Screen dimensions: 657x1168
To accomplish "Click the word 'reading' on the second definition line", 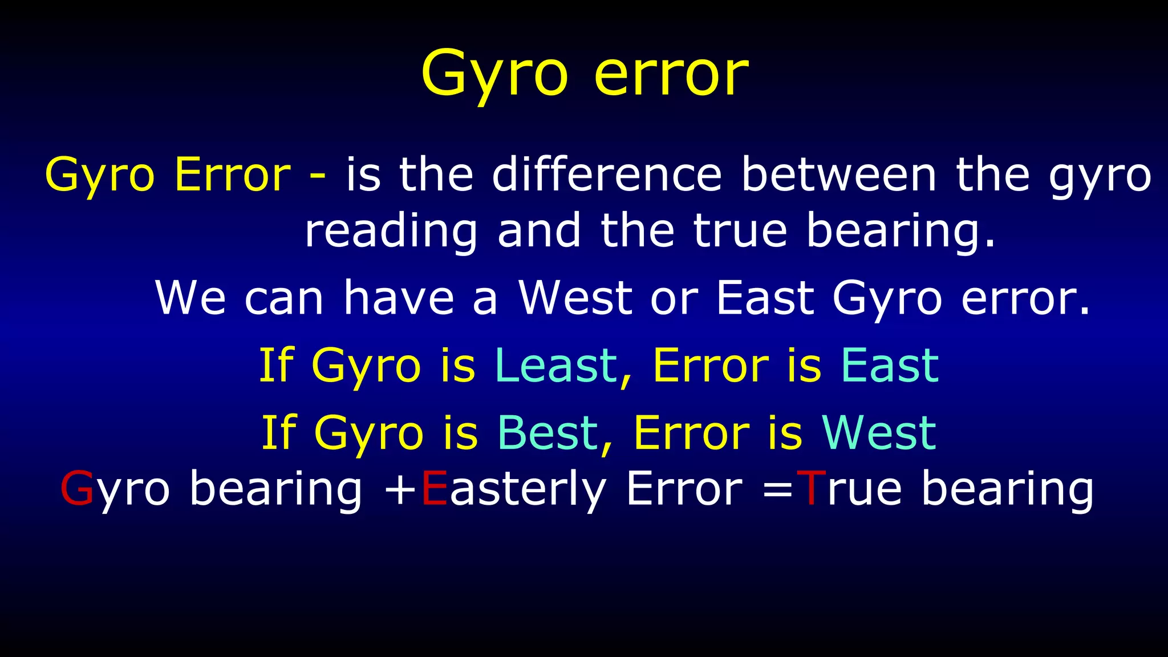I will pyautogui.click(x=391, y=232).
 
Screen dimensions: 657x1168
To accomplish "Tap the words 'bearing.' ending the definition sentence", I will pyautogui.click(x=901, y=232).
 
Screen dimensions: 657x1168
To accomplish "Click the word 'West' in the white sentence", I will pyautogui.click(x=575, y=298).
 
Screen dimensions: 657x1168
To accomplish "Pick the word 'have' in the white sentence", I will pyautogui.click(x=398, y=298).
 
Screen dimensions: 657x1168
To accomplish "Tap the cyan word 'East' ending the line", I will pyautogui.click(x=890, y=366).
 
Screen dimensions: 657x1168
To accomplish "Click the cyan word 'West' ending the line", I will pyautogui.click(x=879, y=433).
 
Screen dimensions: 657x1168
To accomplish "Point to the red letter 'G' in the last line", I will pyautogui.click(x=76, y=489).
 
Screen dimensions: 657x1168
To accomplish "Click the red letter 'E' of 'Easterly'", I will pyautogui.click(x=434, y=489).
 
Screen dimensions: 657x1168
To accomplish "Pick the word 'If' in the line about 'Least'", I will pyautogui.click(x=276, y=366).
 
